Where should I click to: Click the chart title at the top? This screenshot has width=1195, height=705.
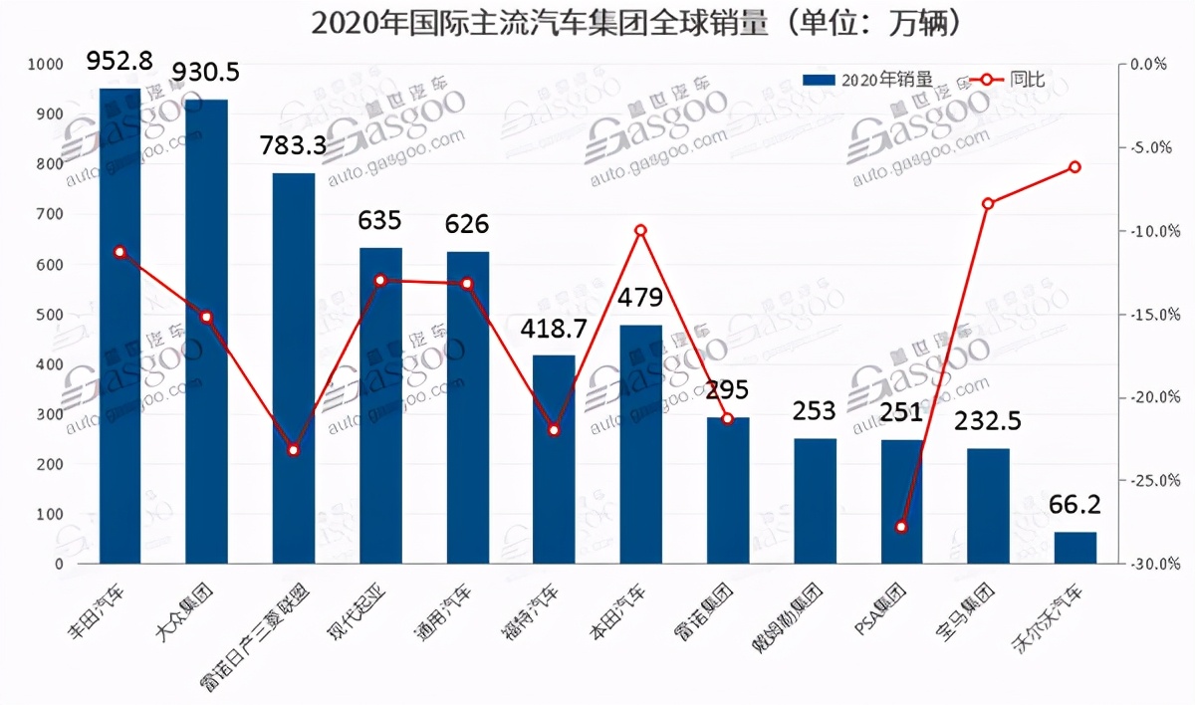click(x=637, y=22)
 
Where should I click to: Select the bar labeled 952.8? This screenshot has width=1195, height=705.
click(x=119, y=329)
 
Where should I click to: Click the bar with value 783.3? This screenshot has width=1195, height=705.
click(x=294, y=368)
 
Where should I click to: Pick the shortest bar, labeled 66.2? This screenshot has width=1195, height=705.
click(x=1075, y=549)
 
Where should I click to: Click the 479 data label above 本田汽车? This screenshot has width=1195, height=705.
click(x=640, y=298)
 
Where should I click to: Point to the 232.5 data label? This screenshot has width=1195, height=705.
click(x=988, y=421)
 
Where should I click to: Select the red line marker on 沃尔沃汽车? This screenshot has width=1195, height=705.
click(x=1075, y=166)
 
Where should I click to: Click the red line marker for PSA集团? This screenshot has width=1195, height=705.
click(x=901, y=527)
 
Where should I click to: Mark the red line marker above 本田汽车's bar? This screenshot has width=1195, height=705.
click(x=640, y=230)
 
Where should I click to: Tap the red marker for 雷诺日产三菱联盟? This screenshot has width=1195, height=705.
click(x=294, y=450)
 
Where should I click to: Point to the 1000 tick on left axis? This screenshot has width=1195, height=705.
click(x=47, y=65)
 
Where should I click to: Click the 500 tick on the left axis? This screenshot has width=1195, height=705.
click(x=51, y=315)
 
